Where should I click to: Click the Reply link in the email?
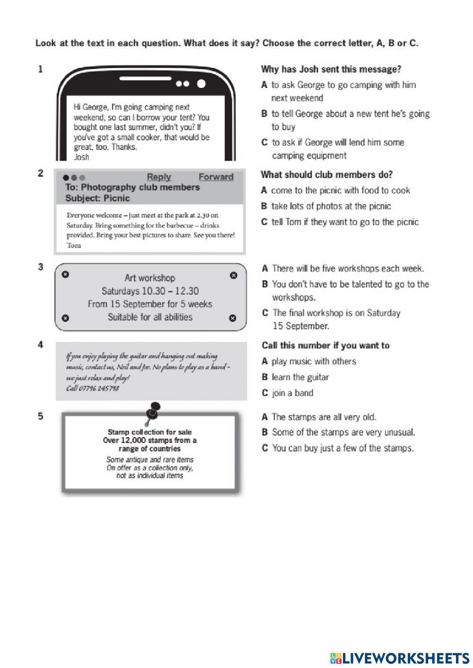(158, 177)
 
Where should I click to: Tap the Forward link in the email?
(216, 177)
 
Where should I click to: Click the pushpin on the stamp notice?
(153, 410)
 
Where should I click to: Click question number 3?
(40, 267)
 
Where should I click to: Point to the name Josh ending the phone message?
(81, 157)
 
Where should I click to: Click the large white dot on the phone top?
(201, 84)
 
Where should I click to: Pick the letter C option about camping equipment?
(264, 142)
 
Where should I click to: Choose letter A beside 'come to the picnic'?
(264, 191)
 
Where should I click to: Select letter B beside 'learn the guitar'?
(264, 377)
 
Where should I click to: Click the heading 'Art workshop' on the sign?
(149, 278)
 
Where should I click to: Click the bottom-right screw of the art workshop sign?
(232, 318)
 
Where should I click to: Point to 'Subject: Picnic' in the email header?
(97, 198)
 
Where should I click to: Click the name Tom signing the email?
(74, 245)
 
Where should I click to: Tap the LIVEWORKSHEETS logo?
(400, 658)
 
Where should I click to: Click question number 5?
(40, 416)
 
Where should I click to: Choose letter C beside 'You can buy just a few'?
(265, 448)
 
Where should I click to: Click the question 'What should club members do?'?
(326, 175)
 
